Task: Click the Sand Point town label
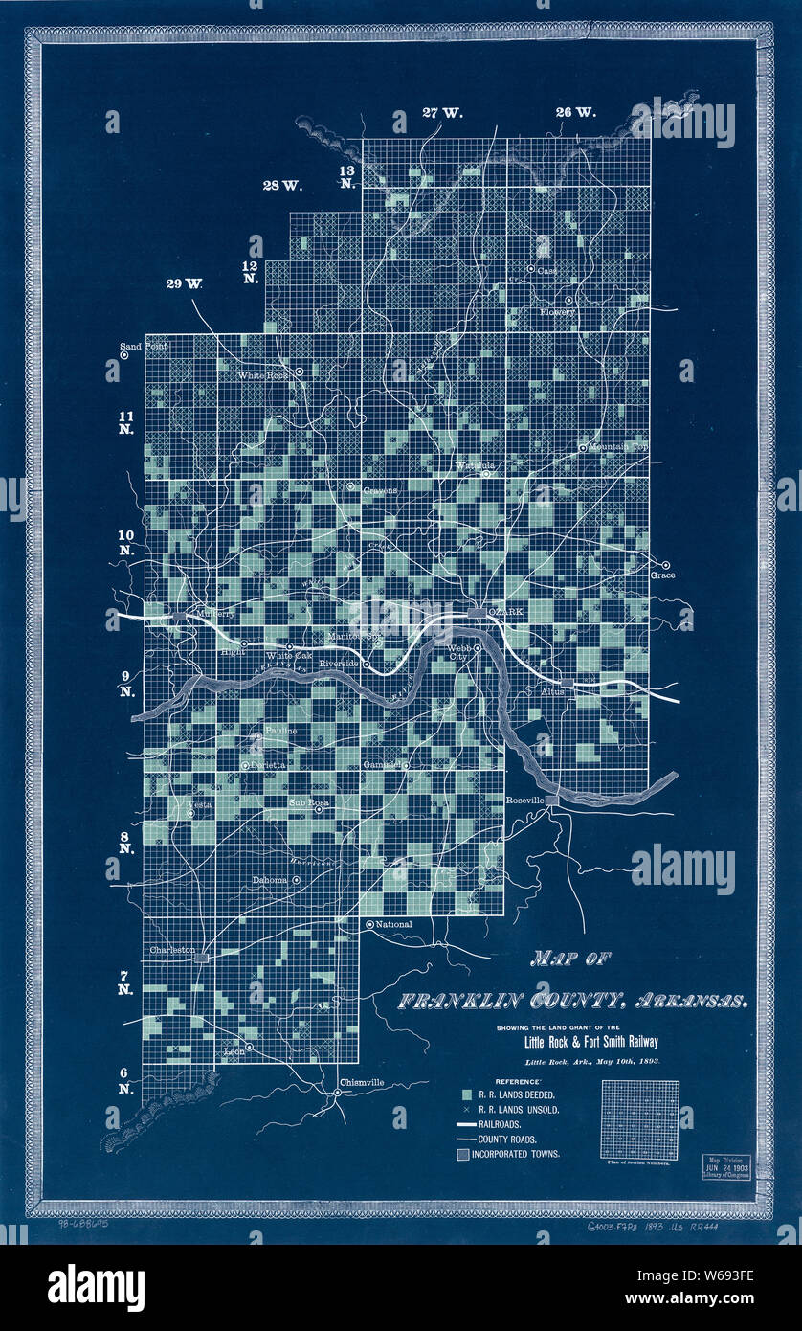pyautogui.click(x=143, y=346)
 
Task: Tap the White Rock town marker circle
pyautogui.click(x=299, y=371)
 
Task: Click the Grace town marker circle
pyautogui.click(x=666, y=564)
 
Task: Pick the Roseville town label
pyautogui.click(x=524, y=800)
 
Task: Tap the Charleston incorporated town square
pyautogui.click(x=201, y=956)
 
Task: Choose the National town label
pyautogui.click(x=394, y=924)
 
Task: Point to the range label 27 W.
pyautogui.click(x=442, y=113)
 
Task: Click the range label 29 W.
pyautogui.click(x=184, y=283)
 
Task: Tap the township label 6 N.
pyautogui.click(x=125, y=1080)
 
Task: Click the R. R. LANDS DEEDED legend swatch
pyautogui.click(x=465, y=1094)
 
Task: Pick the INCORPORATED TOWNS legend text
pyautogui.click(x=515, y=1154)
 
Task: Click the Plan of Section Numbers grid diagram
pyautogui.click(x=639, y=1119)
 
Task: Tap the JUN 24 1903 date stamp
pyautogui.click(x=726, y=1168)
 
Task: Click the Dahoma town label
pyautogui.click(x=270, y=880)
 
